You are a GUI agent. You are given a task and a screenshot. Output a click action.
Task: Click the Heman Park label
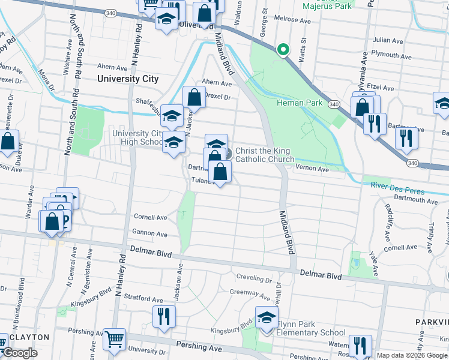(300, 103)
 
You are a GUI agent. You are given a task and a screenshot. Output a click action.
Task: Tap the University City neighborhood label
(128, 79)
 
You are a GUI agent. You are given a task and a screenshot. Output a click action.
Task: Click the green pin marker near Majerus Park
(282, 50)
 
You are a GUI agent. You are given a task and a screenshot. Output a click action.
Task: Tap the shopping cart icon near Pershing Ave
(114, 340)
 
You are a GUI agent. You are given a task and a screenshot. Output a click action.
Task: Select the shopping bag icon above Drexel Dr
(194, 97)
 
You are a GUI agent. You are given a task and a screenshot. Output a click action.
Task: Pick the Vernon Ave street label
(314, 170)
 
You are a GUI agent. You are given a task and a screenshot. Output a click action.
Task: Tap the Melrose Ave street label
(292, 20)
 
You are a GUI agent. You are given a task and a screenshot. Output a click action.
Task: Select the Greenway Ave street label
(250, 294)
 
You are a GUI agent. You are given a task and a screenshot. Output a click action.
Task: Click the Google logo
(20, 353)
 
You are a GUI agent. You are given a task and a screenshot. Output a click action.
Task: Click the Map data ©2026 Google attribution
(412, 355)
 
